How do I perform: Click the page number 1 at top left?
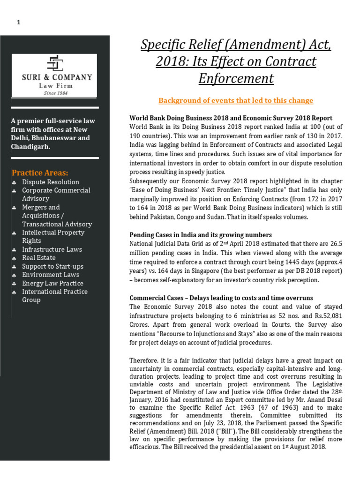click(x=19, y=22)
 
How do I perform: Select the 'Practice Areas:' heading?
click(x=40, y=172)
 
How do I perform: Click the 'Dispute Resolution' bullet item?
click(x=51, y=182)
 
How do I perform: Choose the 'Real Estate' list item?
click(x=39, y=258)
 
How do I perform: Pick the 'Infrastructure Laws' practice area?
click(x=52, y=249)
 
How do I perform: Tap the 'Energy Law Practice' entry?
click(x=52, y=283)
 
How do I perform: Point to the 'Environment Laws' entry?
click(x=51, y=275)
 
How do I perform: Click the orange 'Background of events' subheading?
click(x=236, y=100)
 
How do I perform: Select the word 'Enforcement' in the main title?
click(x=236, y=78)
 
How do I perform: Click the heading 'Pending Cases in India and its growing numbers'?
click(x=200, y=234)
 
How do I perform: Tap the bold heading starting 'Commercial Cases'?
click(x=221, y=298)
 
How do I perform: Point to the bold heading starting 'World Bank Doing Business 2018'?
click(x=231, y=118)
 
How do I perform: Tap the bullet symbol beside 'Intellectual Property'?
click(x=15, y=233)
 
